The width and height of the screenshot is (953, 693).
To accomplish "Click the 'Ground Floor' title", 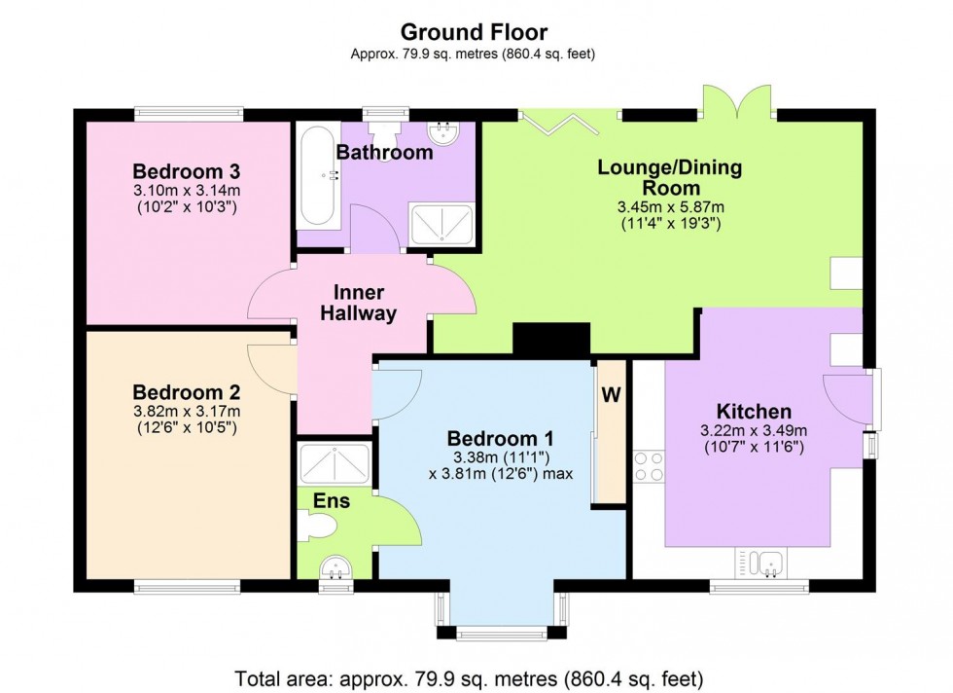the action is point(475,32).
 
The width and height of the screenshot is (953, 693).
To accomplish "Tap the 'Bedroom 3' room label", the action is point(187,171).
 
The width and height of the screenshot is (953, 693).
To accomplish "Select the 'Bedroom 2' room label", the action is point(187,392).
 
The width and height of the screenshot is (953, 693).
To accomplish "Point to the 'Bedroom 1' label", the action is point(500,438).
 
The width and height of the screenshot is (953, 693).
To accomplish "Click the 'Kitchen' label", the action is point(754,412).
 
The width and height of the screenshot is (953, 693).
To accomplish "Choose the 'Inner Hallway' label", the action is point(359,303).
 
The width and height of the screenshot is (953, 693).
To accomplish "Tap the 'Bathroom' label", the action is point(385,152).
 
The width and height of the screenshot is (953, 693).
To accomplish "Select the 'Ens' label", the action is point(332,500).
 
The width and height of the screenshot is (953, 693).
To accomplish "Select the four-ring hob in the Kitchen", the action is point(650,466).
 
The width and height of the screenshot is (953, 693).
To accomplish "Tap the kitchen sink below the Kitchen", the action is point(760,563).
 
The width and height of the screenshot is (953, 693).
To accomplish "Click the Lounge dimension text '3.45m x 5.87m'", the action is point(671,207).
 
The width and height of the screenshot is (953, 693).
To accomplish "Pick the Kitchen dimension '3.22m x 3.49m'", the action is point(754,431).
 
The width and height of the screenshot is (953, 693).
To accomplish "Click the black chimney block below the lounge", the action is point(552,339).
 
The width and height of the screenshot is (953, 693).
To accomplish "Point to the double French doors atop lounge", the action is point(738,101).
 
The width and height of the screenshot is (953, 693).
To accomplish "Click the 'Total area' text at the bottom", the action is point(469,677).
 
